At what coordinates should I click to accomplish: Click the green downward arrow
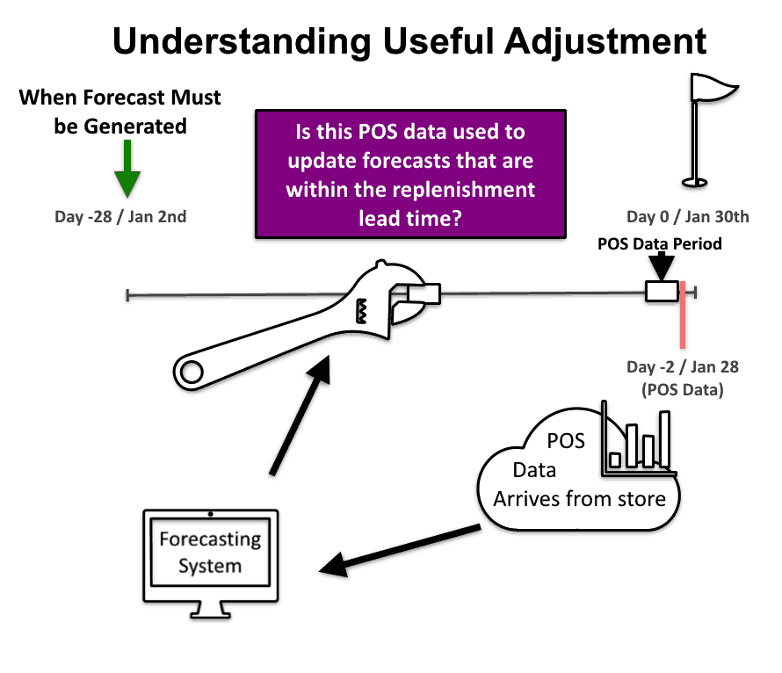(127, 169)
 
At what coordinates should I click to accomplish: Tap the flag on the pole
(713, 87)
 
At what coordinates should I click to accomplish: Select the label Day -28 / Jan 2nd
(120, 217)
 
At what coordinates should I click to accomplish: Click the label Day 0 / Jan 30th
(688, 217)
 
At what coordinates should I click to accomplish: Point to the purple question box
(410, 174)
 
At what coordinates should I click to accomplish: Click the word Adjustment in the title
(605, 41)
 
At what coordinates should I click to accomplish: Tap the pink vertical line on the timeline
(683, 315)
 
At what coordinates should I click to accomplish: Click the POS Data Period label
(659, 243)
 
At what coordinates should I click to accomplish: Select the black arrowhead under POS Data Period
(662, 267)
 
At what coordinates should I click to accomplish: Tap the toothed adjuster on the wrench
(361, 311)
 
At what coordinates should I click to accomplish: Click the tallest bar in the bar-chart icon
(665, 438)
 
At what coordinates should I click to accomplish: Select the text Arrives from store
(580, 499)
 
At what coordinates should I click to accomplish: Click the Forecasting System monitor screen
(211, 553)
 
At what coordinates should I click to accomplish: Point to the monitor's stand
(211, 611)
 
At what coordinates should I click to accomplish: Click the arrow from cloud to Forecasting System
(400, 550)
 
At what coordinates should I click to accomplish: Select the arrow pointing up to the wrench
(300, 415)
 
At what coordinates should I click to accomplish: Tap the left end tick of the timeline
(127, 295)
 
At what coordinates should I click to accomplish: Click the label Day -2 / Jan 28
(682, 367)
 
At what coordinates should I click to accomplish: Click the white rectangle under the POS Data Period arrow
(663, 292)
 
